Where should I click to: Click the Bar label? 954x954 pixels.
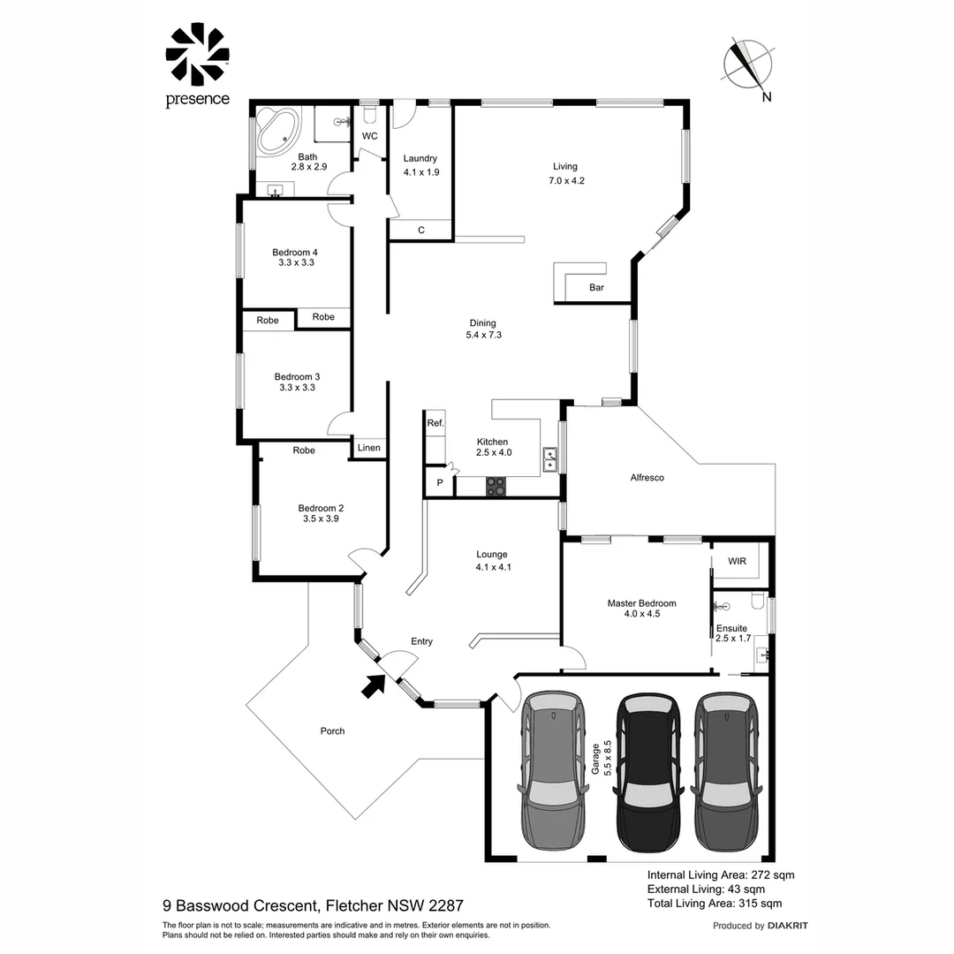pos(596,287)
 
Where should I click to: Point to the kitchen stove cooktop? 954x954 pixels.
pos(496,485)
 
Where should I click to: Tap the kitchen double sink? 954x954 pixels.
pos(549,458)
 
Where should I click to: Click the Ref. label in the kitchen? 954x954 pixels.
pos(435,424)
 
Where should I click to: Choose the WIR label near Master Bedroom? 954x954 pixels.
pos(738,562)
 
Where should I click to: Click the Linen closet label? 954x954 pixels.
pos(369,448)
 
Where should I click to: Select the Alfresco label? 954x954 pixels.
pos(647,478)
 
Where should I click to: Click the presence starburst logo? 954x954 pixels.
pos(197,55)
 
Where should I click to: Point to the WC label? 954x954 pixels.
pos(369,136)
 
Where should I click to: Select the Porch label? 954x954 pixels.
pos(332,731)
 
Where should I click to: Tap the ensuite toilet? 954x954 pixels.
pos(756,602)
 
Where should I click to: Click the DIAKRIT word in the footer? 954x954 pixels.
pos(787,926)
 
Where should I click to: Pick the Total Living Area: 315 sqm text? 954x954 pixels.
pos(714,904)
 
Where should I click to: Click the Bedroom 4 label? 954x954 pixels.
pos(296,252)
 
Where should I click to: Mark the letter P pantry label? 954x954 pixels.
pos(439,483)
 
